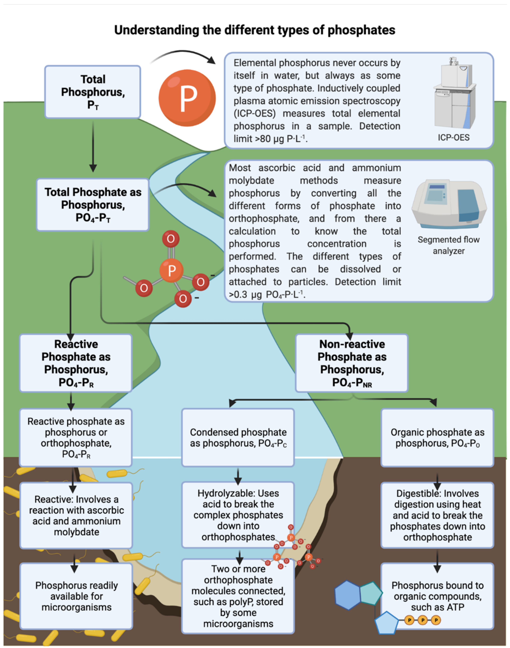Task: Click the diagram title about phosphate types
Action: [255, 30]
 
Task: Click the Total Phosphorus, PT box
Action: [93, 92]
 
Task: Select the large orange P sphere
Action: [187, 98]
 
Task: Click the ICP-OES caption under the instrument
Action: [454, 137]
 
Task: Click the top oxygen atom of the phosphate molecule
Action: [171, 239]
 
